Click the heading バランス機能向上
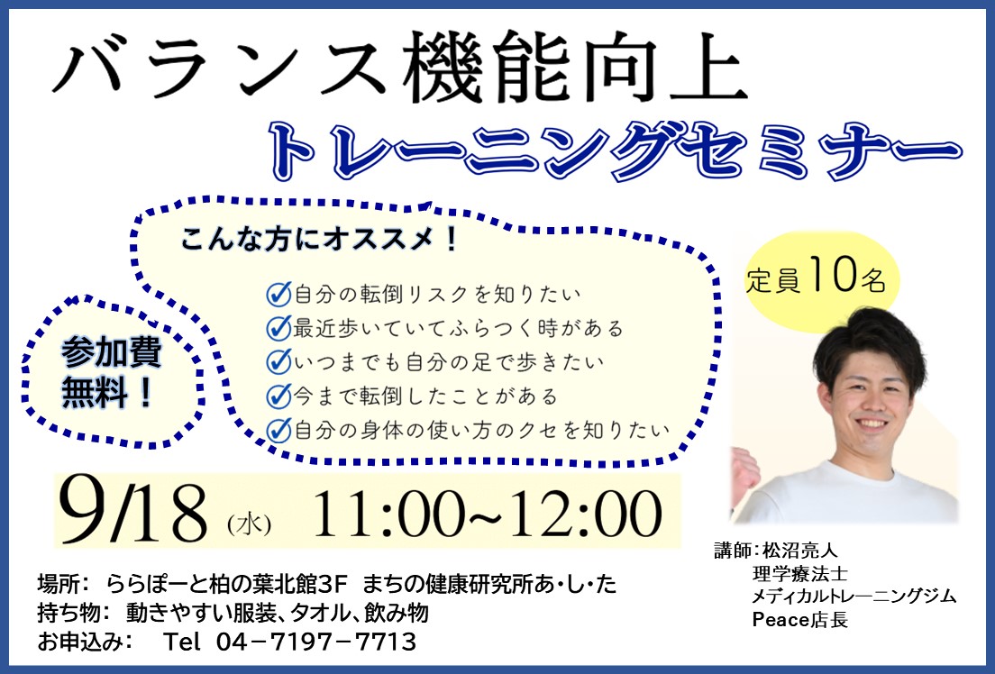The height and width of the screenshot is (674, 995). pos(400,68)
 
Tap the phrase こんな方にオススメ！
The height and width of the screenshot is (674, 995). pos(319,240)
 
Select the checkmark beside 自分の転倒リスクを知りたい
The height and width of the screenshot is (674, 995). pos(278,294)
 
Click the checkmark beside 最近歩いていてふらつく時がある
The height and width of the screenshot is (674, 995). pos(278,327)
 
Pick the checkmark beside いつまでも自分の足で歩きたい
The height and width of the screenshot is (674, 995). pos(278,361)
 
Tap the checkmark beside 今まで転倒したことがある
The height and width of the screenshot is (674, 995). pos(278,396)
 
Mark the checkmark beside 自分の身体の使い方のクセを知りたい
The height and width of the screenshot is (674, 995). pos(278,430)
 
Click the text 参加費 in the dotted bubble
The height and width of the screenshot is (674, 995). pos(112,353)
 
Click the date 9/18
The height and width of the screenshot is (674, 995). pos(133,513)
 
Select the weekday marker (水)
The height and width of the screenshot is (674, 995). pos(249,524)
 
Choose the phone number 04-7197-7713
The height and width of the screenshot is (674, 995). pos(316,642)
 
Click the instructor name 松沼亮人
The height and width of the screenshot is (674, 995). pos(800,550)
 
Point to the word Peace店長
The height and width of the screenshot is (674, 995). pos(799,619)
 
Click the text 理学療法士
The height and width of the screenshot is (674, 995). pos(799,574)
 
